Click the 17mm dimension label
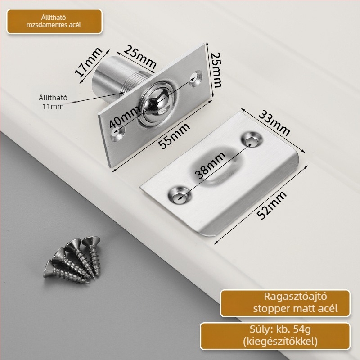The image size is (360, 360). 89,62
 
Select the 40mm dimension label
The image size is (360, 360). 125,117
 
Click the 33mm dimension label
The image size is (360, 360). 274,123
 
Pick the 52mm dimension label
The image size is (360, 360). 272,204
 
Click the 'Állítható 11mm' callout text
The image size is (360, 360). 53,102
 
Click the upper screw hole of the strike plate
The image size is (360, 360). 252,140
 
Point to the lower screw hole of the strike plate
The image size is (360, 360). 179,196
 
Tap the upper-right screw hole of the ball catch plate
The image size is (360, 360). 196,78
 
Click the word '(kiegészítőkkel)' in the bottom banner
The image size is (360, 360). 280,342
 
